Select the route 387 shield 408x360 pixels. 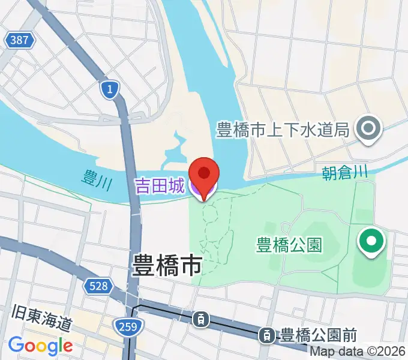coord(19,41)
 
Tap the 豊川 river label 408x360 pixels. coord(97,178)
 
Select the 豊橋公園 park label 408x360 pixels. coord(289,245)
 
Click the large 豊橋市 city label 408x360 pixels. coord(167,265)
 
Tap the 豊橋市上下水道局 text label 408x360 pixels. coord(283,129)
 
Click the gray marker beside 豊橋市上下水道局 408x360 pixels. coord(366,128)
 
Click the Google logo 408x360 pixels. coord(40,346)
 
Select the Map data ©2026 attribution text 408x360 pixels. coord(358,352)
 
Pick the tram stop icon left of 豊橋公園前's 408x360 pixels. coord(202,319)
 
